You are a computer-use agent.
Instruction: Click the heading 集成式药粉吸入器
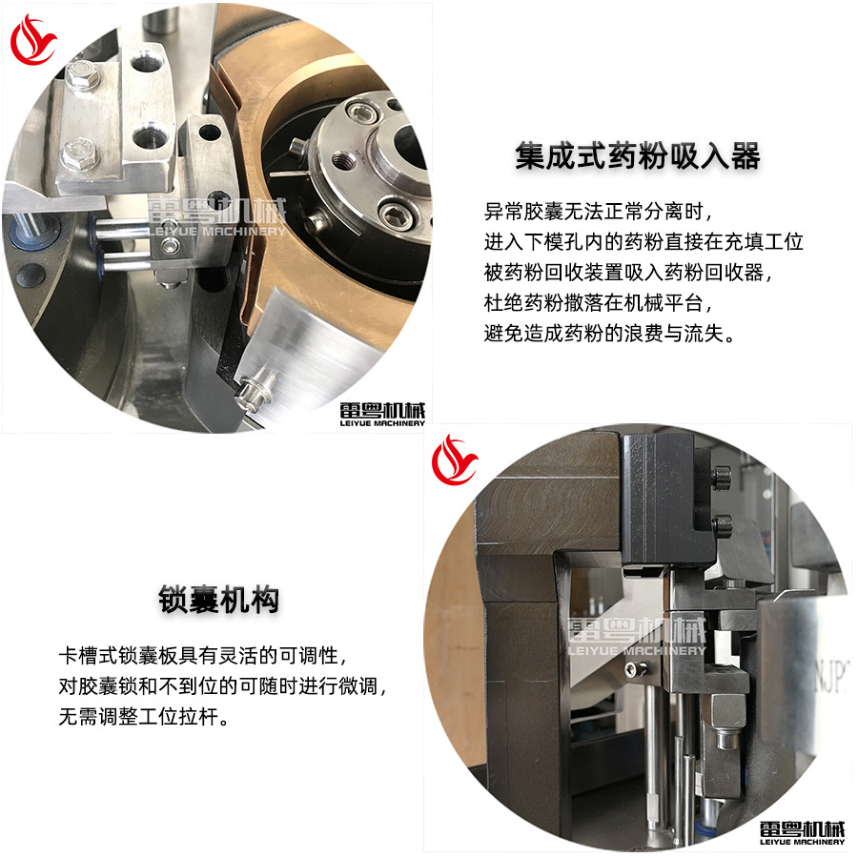[x=638, y=155]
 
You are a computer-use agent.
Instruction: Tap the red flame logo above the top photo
[x=34, y=39]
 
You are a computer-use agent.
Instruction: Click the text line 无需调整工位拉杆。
[x=142, y=716]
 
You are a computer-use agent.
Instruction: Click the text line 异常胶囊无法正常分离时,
[x=599, y=210]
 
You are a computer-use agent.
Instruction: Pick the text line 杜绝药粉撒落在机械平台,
[x=599, y=303]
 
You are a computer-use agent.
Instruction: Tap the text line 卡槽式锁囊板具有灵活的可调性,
[x=201, y=656]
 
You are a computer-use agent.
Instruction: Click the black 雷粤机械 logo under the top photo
[x=382, y=413]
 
